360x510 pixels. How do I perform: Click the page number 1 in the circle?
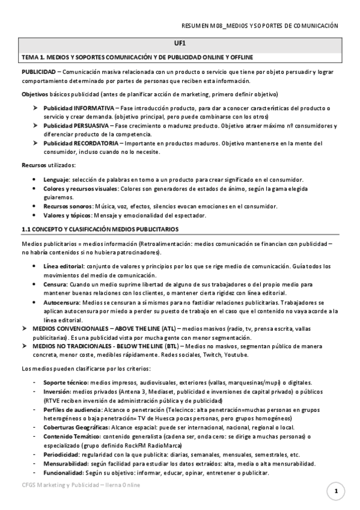(336, 492)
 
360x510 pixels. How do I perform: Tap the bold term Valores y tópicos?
(67, 215)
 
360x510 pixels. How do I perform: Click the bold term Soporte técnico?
(65, 382)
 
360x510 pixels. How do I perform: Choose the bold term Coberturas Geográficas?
(76, 427)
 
